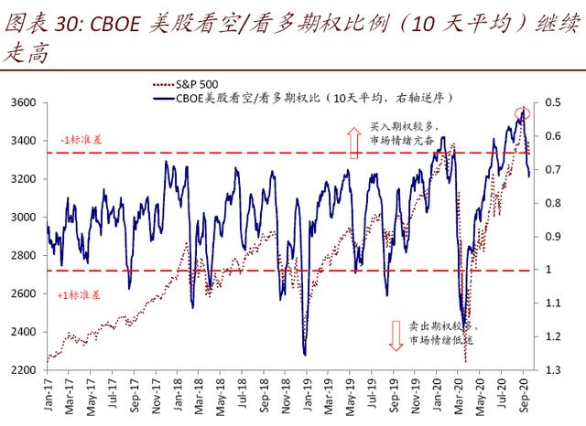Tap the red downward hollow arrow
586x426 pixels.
click(x=396, y=335)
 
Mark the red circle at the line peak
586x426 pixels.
click(x=522, y=114)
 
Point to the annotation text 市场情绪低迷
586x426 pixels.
click(x=443, y=341)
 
